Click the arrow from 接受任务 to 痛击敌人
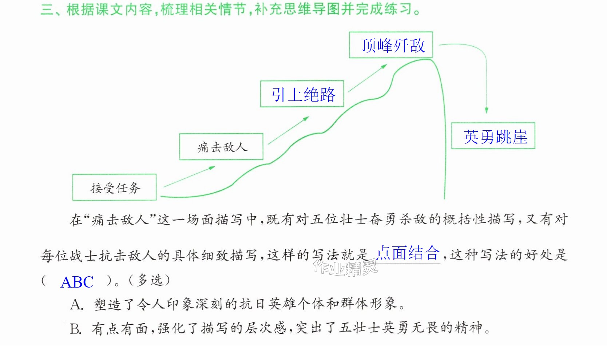(x=190, y=177)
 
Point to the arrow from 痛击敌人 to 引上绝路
(x=288, y=130)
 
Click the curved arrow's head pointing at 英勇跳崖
(x=487, y=110)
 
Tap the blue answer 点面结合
(x=408, y=253)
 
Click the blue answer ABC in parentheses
(x=77, y=282)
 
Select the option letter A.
(x=76, y=305)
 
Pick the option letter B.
(x=76, y=329)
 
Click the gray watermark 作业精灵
(x=345, y=268)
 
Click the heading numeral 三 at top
(x=47, y=9)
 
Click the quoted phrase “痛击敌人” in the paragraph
(x=120, y=219)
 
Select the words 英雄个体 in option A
(x=296, y=304)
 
